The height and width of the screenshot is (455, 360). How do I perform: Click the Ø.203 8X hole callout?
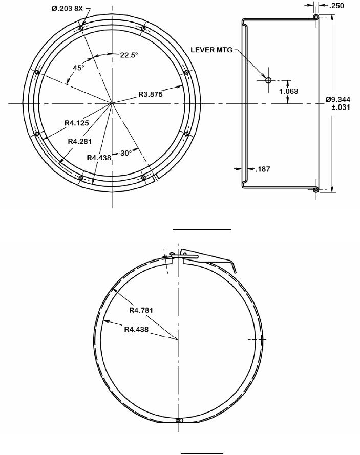(x=67, y=8)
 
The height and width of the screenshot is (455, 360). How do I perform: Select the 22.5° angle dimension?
(x=129, y=55)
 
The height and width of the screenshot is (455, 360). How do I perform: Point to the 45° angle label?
(x=78, y=68)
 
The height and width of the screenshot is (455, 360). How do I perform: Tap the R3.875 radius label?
(x=151, y=94)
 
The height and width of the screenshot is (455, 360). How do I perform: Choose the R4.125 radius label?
(x=77, y=123)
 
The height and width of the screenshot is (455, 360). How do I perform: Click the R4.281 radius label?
(x=80, y=141)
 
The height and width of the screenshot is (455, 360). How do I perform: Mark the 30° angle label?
(x=126, y=153)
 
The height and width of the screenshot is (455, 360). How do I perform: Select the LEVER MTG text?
(x=211, y=50)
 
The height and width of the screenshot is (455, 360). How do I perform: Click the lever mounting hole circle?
(x=268, y=80)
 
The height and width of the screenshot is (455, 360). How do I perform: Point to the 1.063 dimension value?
(x=289, y=91)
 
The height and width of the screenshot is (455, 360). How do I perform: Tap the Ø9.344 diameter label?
(x=338, y=99)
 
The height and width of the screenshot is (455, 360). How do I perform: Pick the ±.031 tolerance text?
(x=341, y=107)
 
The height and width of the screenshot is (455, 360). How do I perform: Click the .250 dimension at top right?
(x=337, y=6)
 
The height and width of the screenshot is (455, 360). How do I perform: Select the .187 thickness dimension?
(x=263, y=169)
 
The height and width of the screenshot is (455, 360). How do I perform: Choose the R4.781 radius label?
(x=141, y=310)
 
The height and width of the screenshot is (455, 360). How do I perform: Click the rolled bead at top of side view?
(x=316, y=17)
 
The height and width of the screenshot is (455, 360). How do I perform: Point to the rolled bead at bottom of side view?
(x=316, y=190)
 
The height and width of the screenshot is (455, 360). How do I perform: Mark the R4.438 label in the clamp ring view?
(x=136, y=330)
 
